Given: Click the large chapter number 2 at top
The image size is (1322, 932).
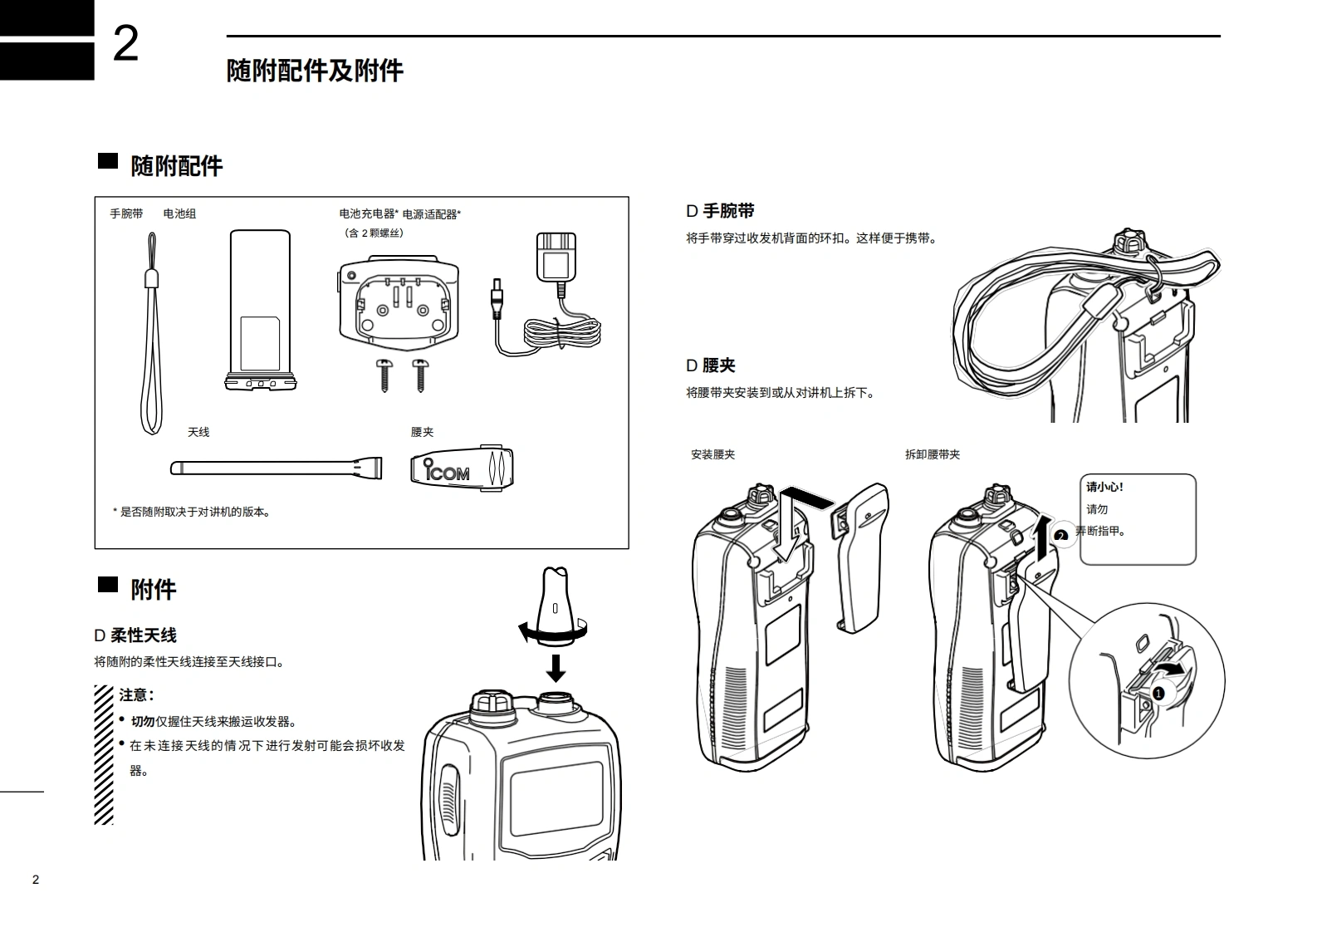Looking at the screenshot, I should tap(125, 44).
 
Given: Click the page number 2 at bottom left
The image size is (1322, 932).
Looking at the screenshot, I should tap(35, 880).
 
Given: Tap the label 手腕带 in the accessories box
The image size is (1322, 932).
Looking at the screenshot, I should tap(126, 213).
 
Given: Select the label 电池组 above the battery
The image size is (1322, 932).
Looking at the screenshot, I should tap(179, 213).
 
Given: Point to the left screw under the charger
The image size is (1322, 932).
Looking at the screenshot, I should tap(384, 375).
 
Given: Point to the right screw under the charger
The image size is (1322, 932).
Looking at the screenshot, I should tap(420, 375).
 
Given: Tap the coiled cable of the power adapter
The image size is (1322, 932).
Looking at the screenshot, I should tap(562, 332).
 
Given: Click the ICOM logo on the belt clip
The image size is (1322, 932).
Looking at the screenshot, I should tap(448, 472).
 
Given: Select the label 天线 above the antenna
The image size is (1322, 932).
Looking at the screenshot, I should tap(198, 432).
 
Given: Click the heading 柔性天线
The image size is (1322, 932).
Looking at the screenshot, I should tap(143, 635).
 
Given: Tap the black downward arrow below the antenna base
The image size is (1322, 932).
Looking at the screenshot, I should tap(556, 667).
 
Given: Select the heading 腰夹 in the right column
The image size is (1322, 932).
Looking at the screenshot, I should tap(718, 365).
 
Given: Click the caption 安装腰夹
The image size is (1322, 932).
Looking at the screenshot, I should tap(712, 454).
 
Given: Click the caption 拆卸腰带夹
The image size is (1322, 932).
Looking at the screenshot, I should tap(932, 454).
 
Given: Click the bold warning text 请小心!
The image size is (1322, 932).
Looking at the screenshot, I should tap(1104, 488).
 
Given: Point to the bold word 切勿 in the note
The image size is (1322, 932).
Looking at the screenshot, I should tap(143, 722).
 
